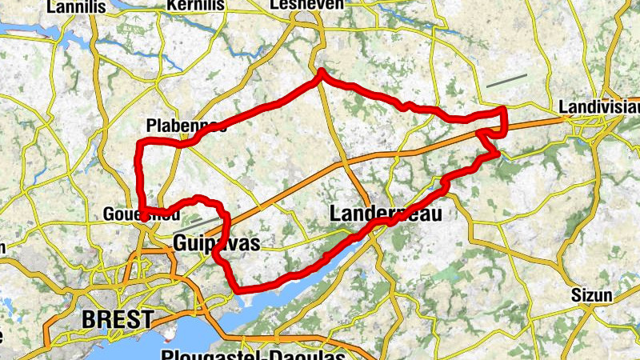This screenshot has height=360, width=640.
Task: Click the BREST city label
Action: pyautogui.click(x=118, y=320)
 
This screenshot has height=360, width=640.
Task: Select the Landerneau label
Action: pyautogui.click(x=385, y=214)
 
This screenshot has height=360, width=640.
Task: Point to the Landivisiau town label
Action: pyautogui.click(x=598, y=106)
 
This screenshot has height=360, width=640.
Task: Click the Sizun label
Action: pyautogui.click(x=591, y=294)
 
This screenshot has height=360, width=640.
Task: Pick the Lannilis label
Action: pyautogui.click(x=77, y=7)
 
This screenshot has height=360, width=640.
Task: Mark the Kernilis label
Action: pyautogui.click(x=195, y=6)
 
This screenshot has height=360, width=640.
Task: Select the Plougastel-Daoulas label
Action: pyautogui.click(x=253, y=354)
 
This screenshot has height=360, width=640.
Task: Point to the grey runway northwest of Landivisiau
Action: pyautogui.click(x=506, y=81)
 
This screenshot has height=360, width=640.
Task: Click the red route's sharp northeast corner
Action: pyautogui.click(x=504, y=109)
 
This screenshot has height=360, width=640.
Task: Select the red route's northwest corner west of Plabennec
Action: pyautogui.click(x=141, y=144)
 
